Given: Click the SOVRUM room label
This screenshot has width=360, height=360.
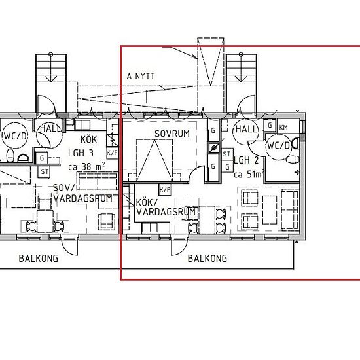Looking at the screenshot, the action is coord(172,134).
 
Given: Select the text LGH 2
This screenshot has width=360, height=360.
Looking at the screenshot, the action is coord(246,160).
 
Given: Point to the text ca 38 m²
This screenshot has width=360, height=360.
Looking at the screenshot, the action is coord(87,166).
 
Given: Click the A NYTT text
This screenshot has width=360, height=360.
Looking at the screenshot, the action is coord(141,76).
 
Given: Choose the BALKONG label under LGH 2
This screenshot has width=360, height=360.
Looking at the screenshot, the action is coord(207,259).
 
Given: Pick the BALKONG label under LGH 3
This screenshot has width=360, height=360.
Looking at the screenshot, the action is coord(39,259).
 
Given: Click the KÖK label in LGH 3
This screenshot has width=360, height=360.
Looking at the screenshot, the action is coord(88,139).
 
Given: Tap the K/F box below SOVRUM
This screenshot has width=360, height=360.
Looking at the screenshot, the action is coord(165,190).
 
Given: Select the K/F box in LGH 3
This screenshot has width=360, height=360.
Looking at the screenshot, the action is coord(113,153).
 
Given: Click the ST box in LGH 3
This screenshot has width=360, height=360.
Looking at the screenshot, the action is coord(45,171).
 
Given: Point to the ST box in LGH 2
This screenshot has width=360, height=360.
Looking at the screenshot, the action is coord(227,154).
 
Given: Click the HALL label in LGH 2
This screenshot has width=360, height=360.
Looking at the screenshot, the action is coord(246,129).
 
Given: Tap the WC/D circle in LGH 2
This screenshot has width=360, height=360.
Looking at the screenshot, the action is coord(278,146).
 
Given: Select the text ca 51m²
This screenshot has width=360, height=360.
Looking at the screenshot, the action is coord(249,175).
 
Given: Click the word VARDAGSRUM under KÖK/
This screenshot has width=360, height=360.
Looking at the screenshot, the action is coord(166,212).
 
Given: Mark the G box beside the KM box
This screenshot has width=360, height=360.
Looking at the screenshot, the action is coord(270,126).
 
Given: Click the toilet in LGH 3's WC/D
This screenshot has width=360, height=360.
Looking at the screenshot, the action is coord(10,155).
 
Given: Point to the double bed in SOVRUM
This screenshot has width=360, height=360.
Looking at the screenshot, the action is coord(154,160).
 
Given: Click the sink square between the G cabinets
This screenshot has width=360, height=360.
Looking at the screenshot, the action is coord(214,148).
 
